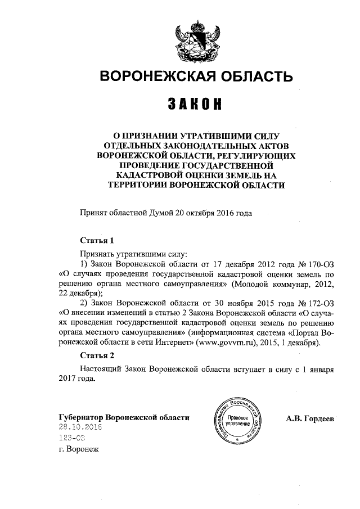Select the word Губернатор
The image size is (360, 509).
(84, 417)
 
